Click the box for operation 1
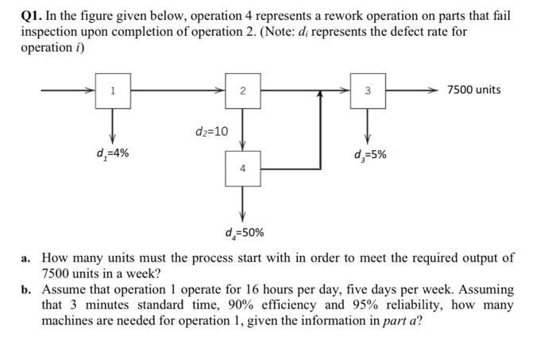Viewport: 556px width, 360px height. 113,90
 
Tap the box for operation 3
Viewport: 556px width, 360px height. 367,90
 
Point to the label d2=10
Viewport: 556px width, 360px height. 211,130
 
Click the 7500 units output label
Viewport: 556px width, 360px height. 473,89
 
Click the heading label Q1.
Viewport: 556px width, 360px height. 33,16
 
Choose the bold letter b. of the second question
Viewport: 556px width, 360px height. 28,289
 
